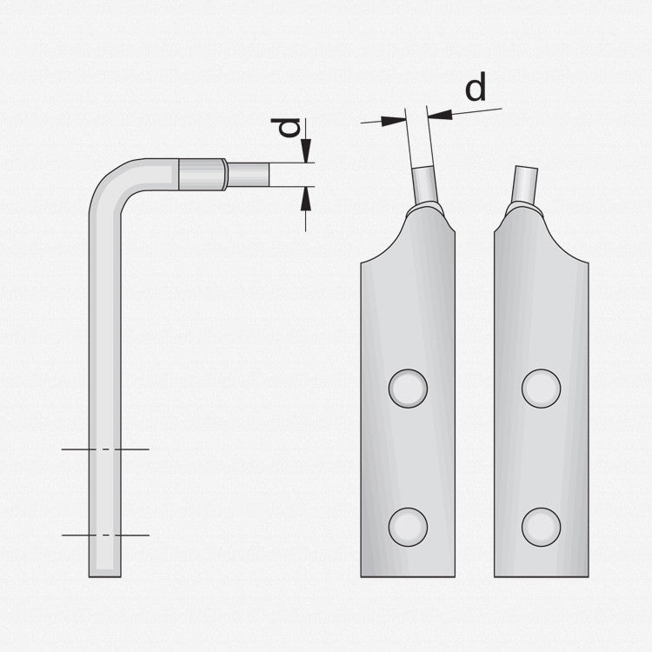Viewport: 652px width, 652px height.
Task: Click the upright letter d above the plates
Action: click(x=476, y=87)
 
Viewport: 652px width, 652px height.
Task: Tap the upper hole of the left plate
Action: click(x=408, y=389)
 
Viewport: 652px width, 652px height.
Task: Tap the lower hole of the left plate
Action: click(x=408, y=527)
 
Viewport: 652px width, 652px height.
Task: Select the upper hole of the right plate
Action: click(x=541, y=389)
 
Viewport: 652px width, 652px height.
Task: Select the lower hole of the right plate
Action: click(x=541, y=527)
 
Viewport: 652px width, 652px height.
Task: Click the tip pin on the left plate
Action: click(x=425, y=183)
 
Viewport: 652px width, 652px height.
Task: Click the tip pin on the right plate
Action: click(x=525, y=183)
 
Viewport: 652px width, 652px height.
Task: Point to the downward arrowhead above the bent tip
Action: click(x=306, y=151)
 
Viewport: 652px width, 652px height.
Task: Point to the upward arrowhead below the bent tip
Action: click(x=306, y=198)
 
